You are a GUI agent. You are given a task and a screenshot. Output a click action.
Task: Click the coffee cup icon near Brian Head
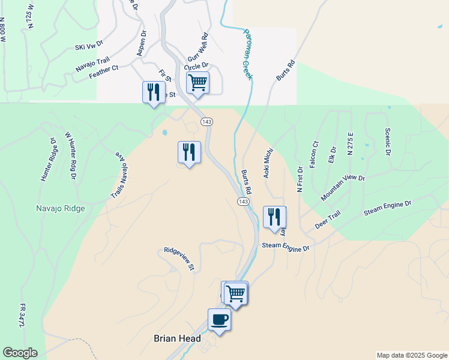[x=219, y=319]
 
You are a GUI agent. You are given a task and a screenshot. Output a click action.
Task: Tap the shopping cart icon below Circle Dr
[x=197, y=83]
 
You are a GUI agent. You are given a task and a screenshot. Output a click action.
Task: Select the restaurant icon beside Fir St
[x=154, y=92]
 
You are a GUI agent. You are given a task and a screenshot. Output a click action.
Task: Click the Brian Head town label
[x=177, y=338]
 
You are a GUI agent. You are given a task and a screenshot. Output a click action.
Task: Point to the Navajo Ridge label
[x=59, y=209]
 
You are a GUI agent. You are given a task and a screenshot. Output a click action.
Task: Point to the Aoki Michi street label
[x=268, y=164]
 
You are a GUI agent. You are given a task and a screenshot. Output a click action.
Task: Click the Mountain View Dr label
[x=342, y=188]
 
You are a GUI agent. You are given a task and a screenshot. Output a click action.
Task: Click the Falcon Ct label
[x=314, y=154]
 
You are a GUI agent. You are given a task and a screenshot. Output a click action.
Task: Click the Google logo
[x=20, y=353]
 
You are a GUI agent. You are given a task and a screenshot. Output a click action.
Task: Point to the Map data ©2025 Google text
[x=411, y=355]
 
